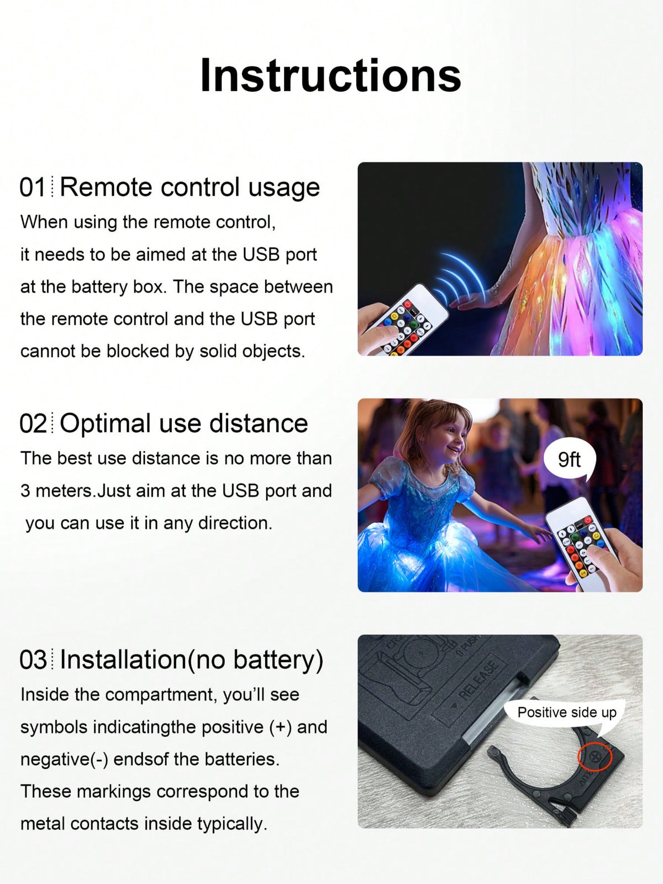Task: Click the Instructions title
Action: point(330,75)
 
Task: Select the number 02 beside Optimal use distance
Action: point(33,423)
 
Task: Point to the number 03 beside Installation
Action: point(33,660)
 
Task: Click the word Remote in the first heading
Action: point(107,187)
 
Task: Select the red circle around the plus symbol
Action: point(594,757)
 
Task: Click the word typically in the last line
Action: point(232,824)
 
